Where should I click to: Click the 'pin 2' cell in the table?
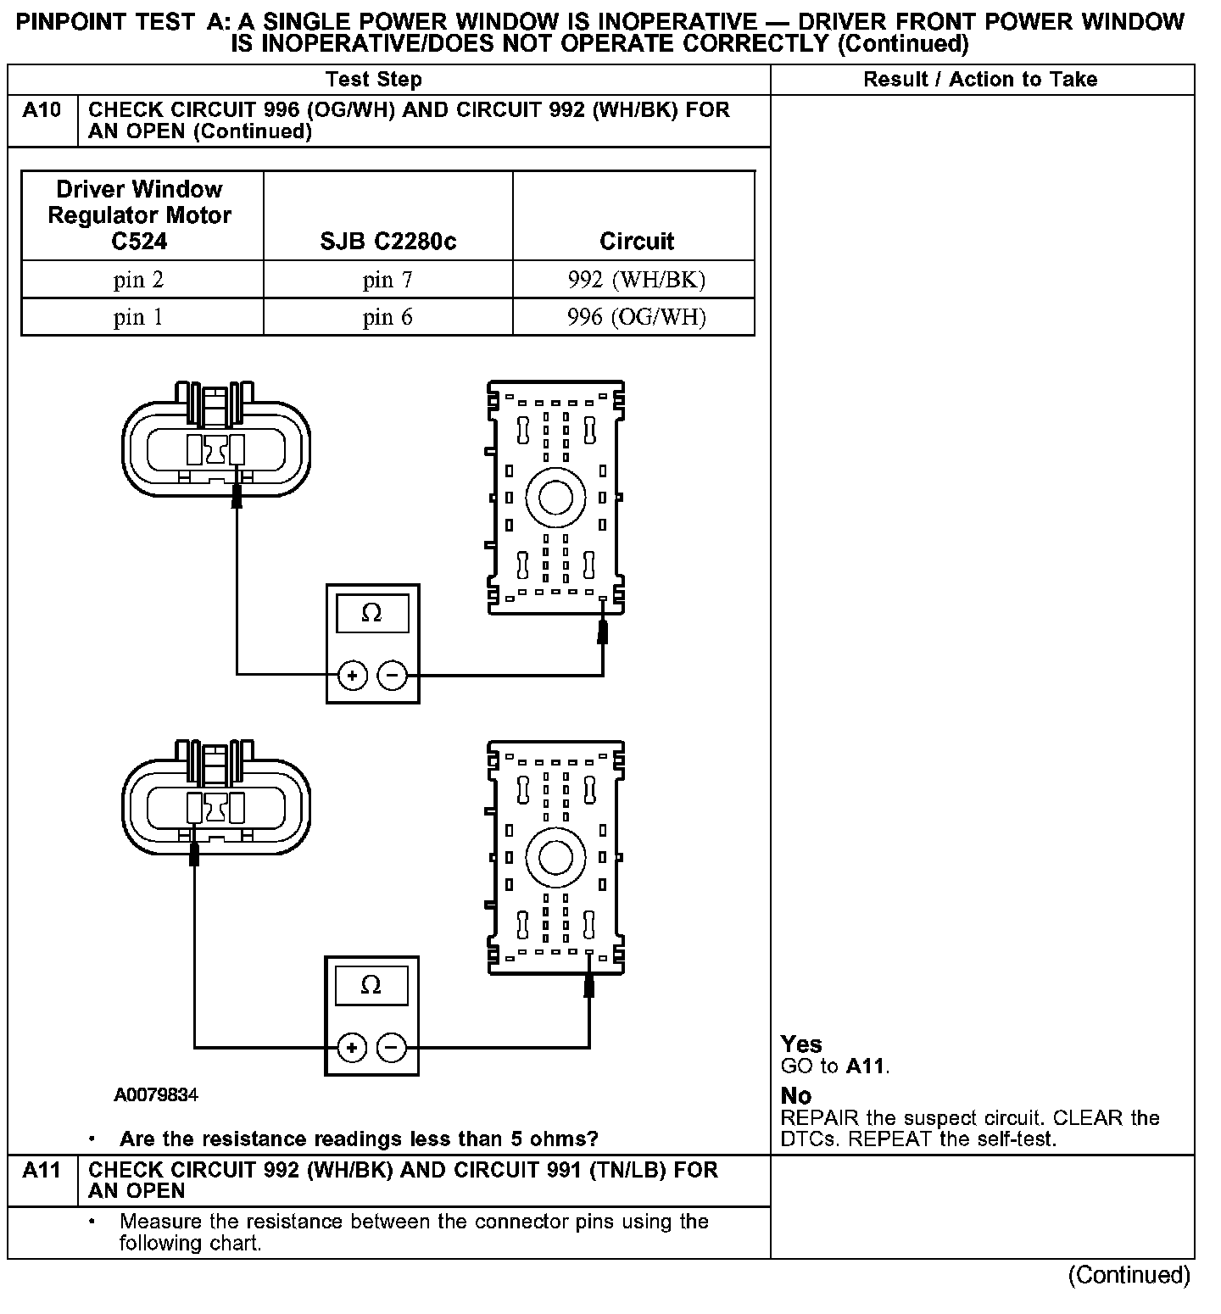pos(138,280)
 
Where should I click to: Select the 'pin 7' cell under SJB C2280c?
pos(387,280)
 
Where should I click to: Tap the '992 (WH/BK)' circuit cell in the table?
pos(636,280)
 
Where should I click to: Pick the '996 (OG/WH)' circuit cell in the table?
pos(636,317)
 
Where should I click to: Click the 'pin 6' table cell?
pos(387,317)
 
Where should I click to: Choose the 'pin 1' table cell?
pos(138,317)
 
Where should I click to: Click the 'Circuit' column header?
pos(636,242)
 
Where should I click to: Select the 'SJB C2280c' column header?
pos(387,242)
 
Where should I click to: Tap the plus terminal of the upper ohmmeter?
pos(352,676)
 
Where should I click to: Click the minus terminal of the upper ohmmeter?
pos(392,676)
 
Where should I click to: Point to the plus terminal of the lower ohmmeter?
pos(352,1048)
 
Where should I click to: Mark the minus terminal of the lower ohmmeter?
pos(391,1048)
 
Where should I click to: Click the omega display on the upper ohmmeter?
pos(371,613)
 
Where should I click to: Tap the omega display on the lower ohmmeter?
pos(371,985)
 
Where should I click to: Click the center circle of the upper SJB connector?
pos(555,498)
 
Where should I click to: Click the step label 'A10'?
pos(42,110)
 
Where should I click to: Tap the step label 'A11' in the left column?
pos(42,1171)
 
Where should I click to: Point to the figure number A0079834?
pos(156,1094)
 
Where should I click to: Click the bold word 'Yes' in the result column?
pos(801,1044)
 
